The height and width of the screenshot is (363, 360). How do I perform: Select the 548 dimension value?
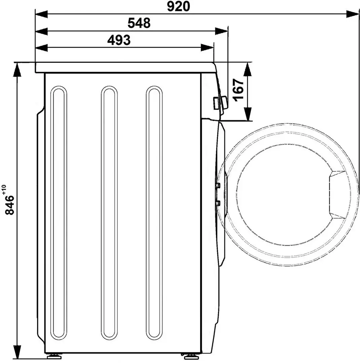point(139,23)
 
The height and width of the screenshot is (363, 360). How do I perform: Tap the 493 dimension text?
point(119,40)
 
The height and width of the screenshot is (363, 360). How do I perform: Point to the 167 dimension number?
point(238,90)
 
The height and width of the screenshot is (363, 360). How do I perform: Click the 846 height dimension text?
point(9,206)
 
